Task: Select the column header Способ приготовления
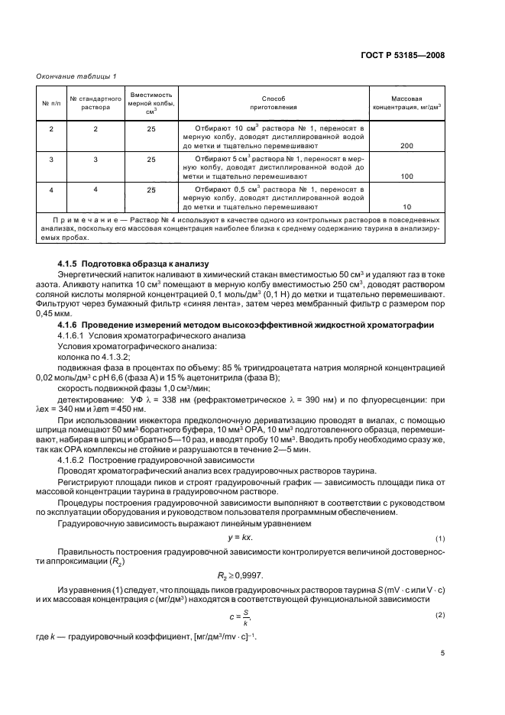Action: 273,103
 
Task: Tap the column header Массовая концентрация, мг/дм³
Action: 406,103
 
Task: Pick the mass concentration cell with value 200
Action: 406,144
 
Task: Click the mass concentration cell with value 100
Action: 406,176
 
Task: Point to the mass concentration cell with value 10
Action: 406,207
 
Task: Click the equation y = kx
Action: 252,538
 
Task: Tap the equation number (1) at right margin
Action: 440,539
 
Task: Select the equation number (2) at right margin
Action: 440,613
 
